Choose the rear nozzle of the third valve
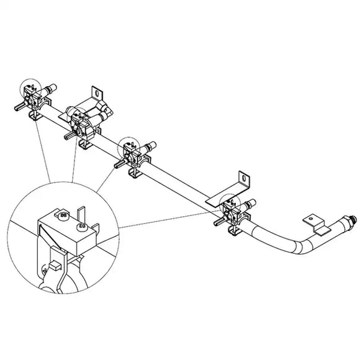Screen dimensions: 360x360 [151, 146]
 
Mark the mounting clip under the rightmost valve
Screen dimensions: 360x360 [234, 231]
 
